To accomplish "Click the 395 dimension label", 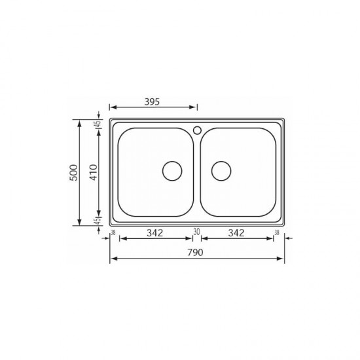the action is click(152, 101).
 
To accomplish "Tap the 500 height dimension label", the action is click(74, 172).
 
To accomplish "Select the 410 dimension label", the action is click(93, 172).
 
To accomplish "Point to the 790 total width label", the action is click(196, 253).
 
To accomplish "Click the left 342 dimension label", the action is click(155, 233).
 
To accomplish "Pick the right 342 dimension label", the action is click(236, 233).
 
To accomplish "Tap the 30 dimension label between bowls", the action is click(196, 232).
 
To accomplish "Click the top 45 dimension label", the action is click(98, 124).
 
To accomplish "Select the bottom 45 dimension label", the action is click(98, 221).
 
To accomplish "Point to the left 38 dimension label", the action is click(113, 232).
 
